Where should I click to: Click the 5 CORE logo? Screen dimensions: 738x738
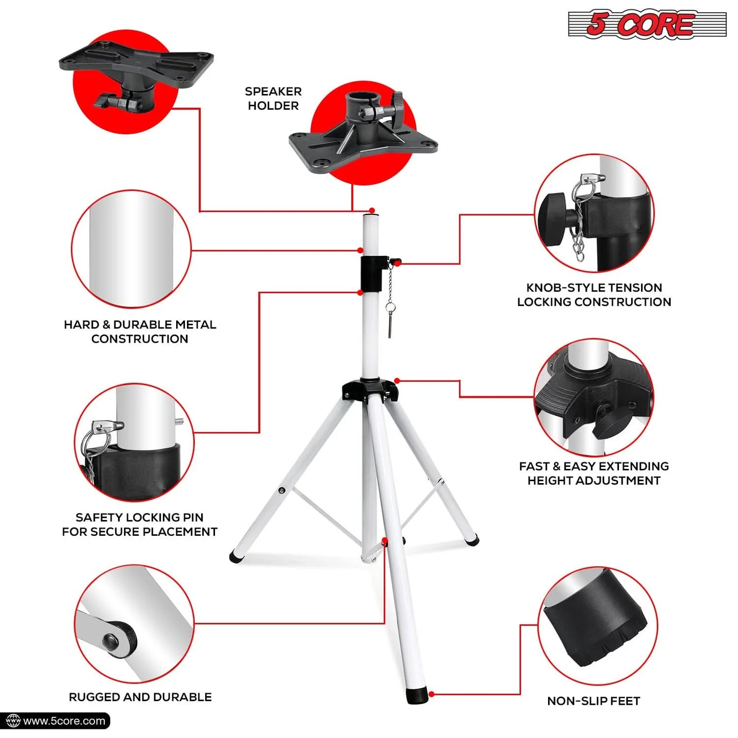[647, 24]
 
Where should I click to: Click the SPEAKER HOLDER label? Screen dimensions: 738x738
[273, 99]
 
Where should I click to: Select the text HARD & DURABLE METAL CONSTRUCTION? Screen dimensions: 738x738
[140, 331]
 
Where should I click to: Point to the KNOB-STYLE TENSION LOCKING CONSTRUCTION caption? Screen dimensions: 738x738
[594, 295]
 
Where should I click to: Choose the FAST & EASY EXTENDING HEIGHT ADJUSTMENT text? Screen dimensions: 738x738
[594, 473]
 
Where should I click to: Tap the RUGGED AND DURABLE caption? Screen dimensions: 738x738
[140, 697]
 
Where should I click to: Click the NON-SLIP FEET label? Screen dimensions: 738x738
[593, 701]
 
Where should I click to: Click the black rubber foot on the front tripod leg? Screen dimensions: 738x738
[417, 695]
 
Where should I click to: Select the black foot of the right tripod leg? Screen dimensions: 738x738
[473, 540]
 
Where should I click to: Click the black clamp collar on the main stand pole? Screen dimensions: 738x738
[371, 274]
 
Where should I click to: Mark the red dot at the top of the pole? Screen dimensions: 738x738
[372, 210]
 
